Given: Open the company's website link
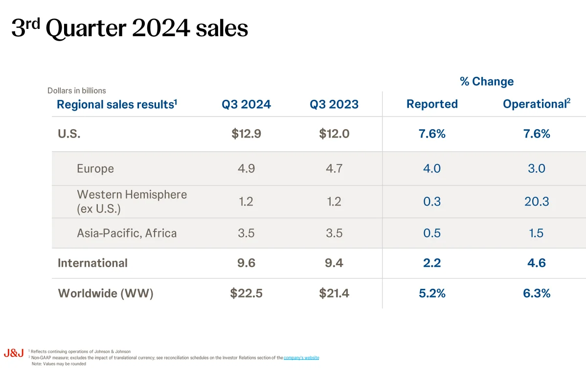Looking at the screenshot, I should [301, 358].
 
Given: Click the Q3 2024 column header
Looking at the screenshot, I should [246, 104].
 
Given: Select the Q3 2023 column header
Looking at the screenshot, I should [334, 104].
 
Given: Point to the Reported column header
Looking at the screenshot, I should [432, 104].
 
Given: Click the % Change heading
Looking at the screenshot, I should [487, 82].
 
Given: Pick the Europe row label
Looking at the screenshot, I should [95, 168].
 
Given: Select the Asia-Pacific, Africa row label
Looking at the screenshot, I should [127, 233].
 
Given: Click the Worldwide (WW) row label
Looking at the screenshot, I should [105, 293].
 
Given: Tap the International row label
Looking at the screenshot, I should [92, 263].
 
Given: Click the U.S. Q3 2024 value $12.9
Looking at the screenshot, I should [246, 134].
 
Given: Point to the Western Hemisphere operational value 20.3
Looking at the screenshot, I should [537, 201].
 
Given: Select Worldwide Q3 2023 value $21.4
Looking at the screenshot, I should [334, 293].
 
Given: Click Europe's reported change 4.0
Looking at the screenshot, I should [432, 168].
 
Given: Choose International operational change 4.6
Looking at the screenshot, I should [537, 263].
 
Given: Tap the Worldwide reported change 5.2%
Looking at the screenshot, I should [432, 293].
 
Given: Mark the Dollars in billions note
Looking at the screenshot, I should [77, 91].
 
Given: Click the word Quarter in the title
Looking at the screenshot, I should [85, 29].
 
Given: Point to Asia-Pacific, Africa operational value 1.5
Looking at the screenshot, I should [537, 233].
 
